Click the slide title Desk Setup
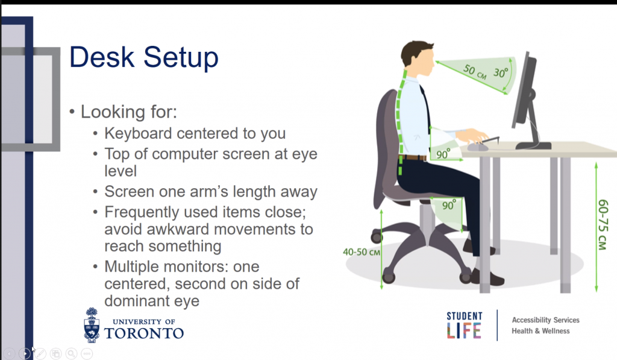coord(143,58)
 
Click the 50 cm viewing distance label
coord(475,71)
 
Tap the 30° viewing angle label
coord(501,72)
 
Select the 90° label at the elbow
coord(443,154)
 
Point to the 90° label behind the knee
coord(449,205)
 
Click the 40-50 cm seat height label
coord(362,252)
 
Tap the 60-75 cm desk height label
coord(603,225)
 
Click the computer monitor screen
coord(524,92)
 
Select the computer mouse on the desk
coord(478,147)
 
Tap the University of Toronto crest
coord(92,325)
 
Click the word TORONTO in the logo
coord(144,333)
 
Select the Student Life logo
coord(465,326)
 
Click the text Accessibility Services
coord(545,320)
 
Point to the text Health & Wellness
coord(540,331)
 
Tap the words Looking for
coord(129,112)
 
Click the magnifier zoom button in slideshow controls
coord(71,353)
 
